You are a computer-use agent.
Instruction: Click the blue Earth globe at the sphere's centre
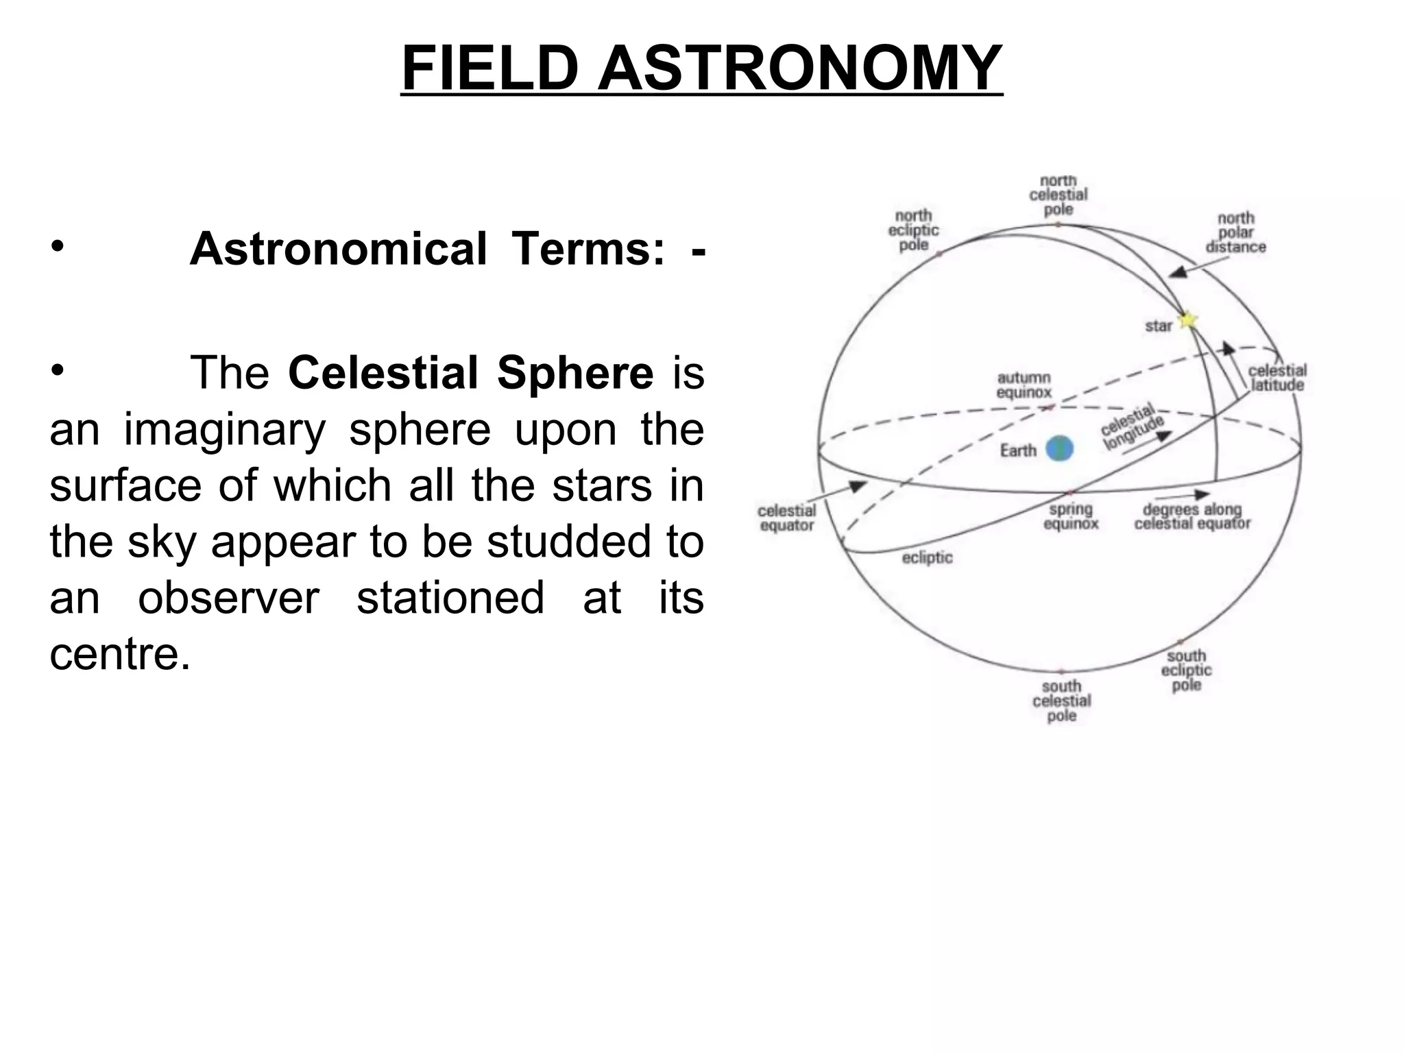[x=1059, y=449]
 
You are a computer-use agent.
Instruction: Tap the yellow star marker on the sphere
[x=1187, y=320]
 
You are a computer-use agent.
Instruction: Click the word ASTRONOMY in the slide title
[x=800, y=68]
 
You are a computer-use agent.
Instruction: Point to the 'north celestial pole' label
[x=1058, y=195]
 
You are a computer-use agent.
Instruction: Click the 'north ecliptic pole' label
[x=913, y=230]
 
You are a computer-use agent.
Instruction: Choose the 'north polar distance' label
[x=1235, y=232]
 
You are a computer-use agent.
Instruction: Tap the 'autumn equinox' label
[x=1024, y=385]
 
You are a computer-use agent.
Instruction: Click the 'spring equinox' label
[x=1070, y=516]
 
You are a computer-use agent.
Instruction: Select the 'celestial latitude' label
[x=1277, y=378]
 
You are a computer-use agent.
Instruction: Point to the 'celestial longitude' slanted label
[x=1132, y=428]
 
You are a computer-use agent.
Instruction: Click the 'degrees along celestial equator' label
[x=1192, y=517]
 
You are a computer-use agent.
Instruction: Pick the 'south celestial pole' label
[x=1061, y=701]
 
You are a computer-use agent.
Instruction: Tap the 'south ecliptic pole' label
[x=1186, y=670]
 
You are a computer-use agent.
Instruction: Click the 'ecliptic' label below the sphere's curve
[x=927, y=557]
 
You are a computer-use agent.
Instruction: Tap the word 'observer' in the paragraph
[x=229, y=597]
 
